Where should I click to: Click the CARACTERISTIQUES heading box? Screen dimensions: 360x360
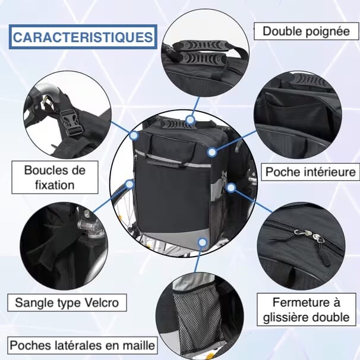pyautogui.click(x=83, y=37)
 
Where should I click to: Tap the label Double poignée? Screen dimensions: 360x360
pyautogui.click(x=306, y=31)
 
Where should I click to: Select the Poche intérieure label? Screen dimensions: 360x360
pyautogui.click(x=311, y=172)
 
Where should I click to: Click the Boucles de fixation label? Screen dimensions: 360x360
pyautogui.click(x=55, y=178)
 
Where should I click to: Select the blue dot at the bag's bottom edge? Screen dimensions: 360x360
pyautogui.click(x=203, y=242)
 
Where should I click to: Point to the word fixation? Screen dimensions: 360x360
pyautogui.click(x=55, y=185)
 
